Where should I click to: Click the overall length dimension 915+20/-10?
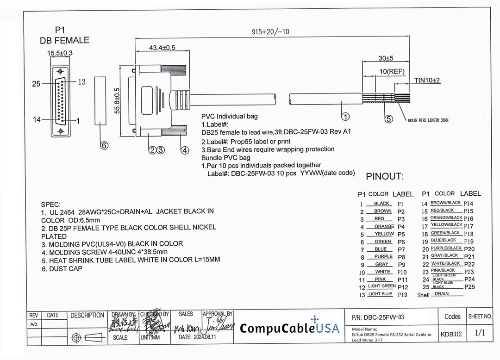coord(270,32)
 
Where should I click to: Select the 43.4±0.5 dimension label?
coord(162,48)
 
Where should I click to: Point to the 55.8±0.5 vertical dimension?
coord(118,100)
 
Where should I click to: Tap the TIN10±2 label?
coord(427,80)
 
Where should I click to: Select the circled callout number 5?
coord(389,119)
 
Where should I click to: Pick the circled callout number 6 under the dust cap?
coord(104,145)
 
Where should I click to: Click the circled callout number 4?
coord(185,149)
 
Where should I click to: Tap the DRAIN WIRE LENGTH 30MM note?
coord(428,120)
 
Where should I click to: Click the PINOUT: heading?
coord(385,176)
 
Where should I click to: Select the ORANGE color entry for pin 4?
coord(384,226)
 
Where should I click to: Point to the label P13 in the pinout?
coord(402,294)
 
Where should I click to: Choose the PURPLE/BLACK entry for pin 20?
coord(446,248)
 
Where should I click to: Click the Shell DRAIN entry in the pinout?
coord(440,294)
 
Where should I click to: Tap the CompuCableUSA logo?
coord(289,328)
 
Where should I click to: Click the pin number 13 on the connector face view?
coord(81,82)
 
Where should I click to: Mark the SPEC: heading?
coord(50,204)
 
